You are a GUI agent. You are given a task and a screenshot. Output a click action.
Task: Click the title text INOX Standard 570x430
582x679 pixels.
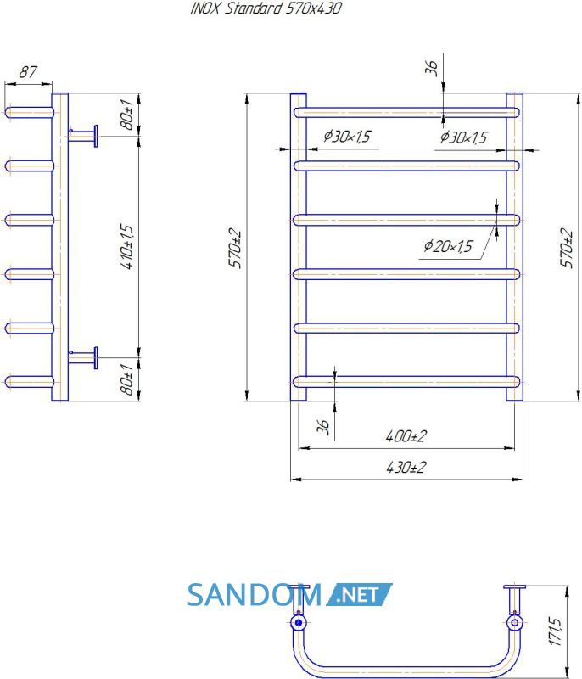pyautogui.click(x=266, y=8)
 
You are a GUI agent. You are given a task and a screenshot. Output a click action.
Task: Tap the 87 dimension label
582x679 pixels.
pyautogui.click(x=28, y=72)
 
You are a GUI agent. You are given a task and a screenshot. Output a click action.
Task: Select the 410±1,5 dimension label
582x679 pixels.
pyautogui.click(x=127, y=247)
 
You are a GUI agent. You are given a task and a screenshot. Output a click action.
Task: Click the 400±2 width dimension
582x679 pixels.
pyautogui.click(x=406, y=435)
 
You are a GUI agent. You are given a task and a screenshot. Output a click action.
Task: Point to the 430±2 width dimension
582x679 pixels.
pyautogui.click(x=406, y=468)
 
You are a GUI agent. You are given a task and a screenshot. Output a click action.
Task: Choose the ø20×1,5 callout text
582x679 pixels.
pyautogui.click(x=448, y=246)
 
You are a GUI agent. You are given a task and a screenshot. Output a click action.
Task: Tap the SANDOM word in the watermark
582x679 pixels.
pyautogui.click(x=255, y=595)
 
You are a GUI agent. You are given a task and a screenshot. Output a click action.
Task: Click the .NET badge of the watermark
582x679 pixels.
pyautogui.click(x=359, y=594)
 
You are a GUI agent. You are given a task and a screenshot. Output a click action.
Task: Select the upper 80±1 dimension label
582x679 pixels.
pyautogui.click(x=126, y=115)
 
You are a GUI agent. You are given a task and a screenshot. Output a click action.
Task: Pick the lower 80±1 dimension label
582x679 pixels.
pyautogui.click(x=126, y=379)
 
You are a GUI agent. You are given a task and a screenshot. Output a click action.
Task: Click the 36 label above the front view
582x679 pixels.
pyautogui.click(x=432, y=68)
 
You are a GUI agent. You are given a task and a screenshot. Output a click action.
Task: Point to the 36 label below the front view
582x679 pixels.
pyautogui.click(x=323, y=427)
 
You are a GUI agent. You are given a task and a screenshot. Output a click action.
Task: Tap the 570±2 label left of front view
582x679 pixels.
pyautogui.click(x=235, y=248)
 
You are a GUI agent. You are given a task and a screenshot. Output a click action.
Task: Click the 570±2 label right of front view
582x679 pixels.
pyautogui.click(x=567, y=248)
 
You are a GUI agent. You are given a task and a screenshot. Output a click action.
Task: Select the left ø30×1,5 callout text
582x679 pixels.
pyautogui.click(x=347, y=136)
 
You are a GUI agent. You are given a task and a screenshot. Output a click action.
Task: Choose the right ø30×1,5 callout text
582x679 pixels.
pyautogui.click(x=464, y=137)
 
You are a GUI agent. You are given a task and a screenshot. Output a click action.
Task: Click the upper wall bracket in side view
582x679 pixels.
pyautogui.click(x=83, y=136)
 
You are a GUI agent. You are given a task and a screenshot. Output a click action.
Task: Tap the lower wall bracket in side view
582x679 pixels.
pyautogui.click(x=83, y=357)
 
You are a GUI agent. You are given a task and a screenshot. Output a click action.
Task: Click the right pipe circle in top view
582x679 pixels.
pyautogui.click(x=514, y=623)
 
